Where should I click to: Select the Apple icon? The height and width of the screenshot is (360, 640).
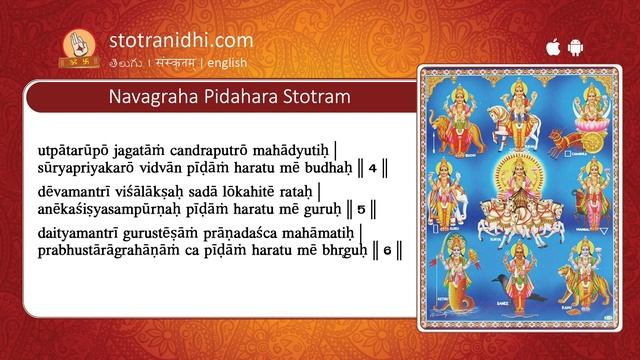(551, 46)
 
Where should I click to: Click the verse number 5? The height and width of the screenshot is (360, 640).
(363, 209)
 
